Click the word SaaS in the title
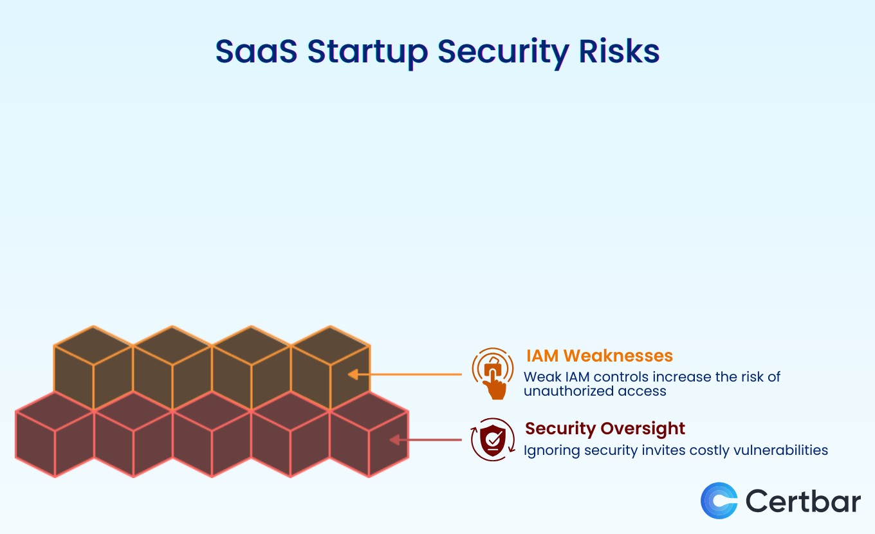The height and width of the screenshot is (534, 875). tap(256, 51)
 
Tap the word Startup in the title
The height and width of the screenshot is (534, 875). tap(367, 53)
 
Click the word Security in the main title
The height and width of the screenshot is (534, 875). tap(503, 53)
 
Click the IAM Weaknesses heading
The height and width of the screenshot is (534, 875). tap(599, 356)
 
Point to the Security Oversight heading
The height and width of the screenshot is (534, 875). tap(605, 428)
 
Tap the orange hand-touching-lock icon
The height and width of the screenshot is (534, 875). tap(493, 373)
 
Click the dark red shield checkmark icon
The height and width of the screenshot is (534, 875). tap(493, 440)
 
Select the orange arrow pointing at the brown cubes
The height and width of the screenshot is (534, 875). tap(405, 374)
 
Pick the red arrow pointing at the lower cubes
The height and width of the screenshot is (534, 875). tap(425, 440)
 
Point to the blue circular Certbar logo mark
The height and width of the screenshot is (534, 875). tap(719, 501)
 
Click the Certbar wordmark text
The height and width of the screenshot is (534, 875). tap(803, 501)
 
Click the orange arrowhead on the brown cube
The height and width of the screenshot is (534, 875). tap(353, 374)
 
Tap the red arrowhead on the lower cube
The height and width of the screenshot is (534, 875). tap(394, 440)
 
